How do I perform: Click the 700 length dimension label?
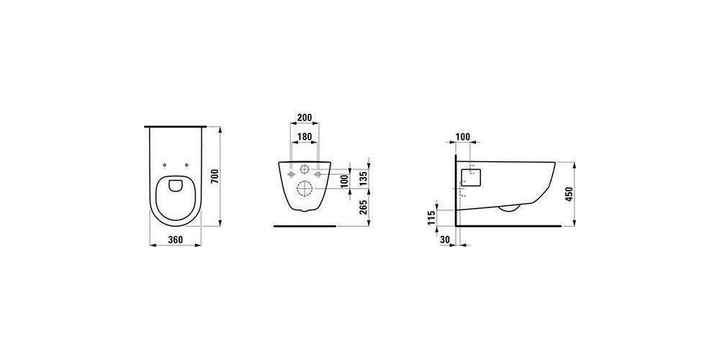[213, 177]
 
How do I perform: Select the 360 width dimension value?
[176, 239]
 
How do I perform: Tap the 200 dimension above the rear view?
[305, 117]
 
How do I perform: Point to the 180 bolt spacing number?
[305, 136]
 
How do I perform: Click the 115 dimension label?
[431, 217]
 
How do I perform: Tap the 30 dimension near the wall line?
[444, 239]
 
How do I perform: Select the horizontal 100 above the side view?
[463, 136]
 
